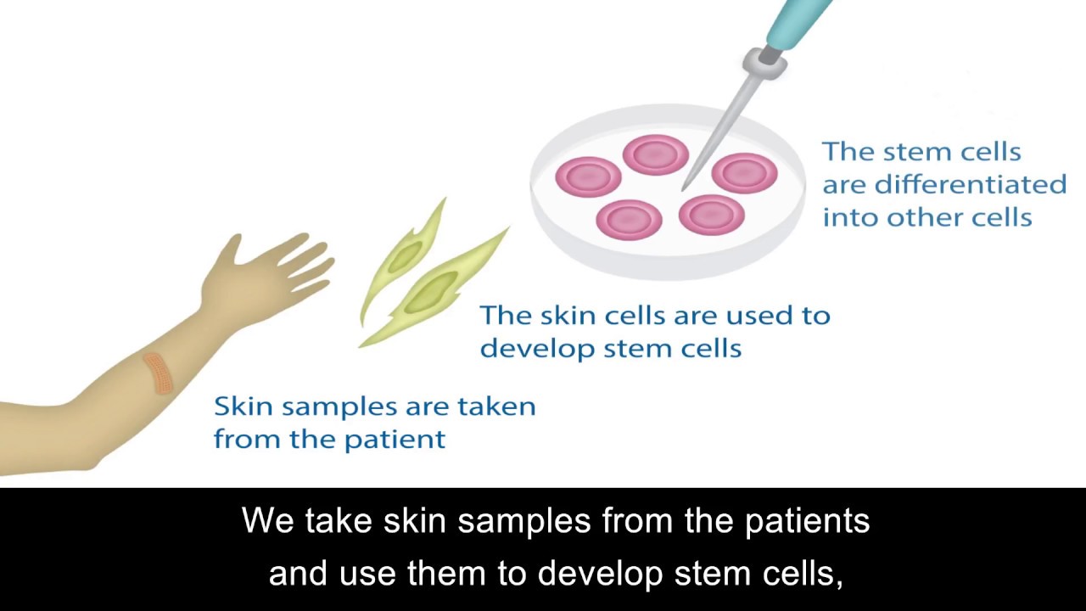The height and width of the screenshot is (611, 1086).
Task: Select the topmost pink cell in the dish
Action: tap(655, 154)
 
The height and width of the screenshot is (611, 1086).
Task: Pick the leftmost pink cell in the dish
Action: tap(588, 177)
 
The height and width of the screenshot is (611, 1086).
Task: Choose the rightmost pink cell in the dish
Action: tap(744, 173)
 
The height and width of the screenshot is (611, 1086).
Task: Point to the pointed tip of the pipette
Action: tap(685, 187)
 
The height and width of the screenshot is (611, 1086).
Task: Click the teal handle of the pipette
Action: tap(798, 20)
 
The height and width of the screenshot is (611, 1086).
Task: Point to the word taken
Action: tap(496, 406)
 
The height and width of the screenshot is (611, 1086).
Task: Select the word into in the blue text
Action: tap(851, 217)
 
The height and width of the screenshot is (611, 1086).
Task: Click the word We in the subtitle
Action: tap(265, 520)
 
